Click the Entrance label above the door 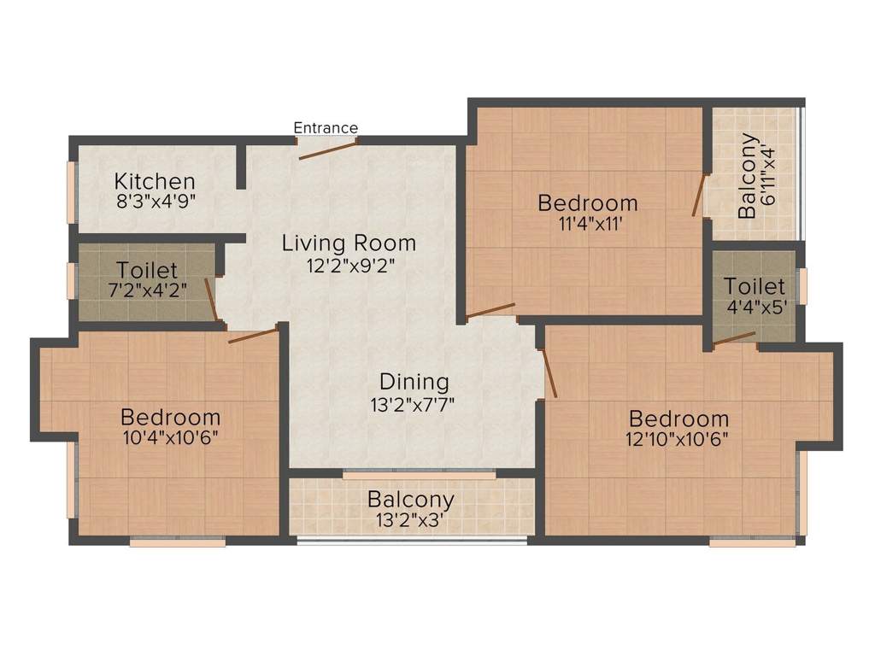[326, 128]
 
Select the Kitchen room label [155, 181]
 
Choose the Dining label [414, 381]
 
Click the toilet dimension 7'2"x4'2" [148, 288]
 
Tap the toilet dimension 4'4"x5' [755, 307]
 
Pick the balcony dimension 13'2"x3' [411, 519]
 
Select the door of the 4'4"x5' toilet [734, 338]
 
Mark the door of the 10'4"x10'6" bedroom [253, 335]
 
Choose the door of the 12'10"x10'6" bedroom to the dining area [549, 372]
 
